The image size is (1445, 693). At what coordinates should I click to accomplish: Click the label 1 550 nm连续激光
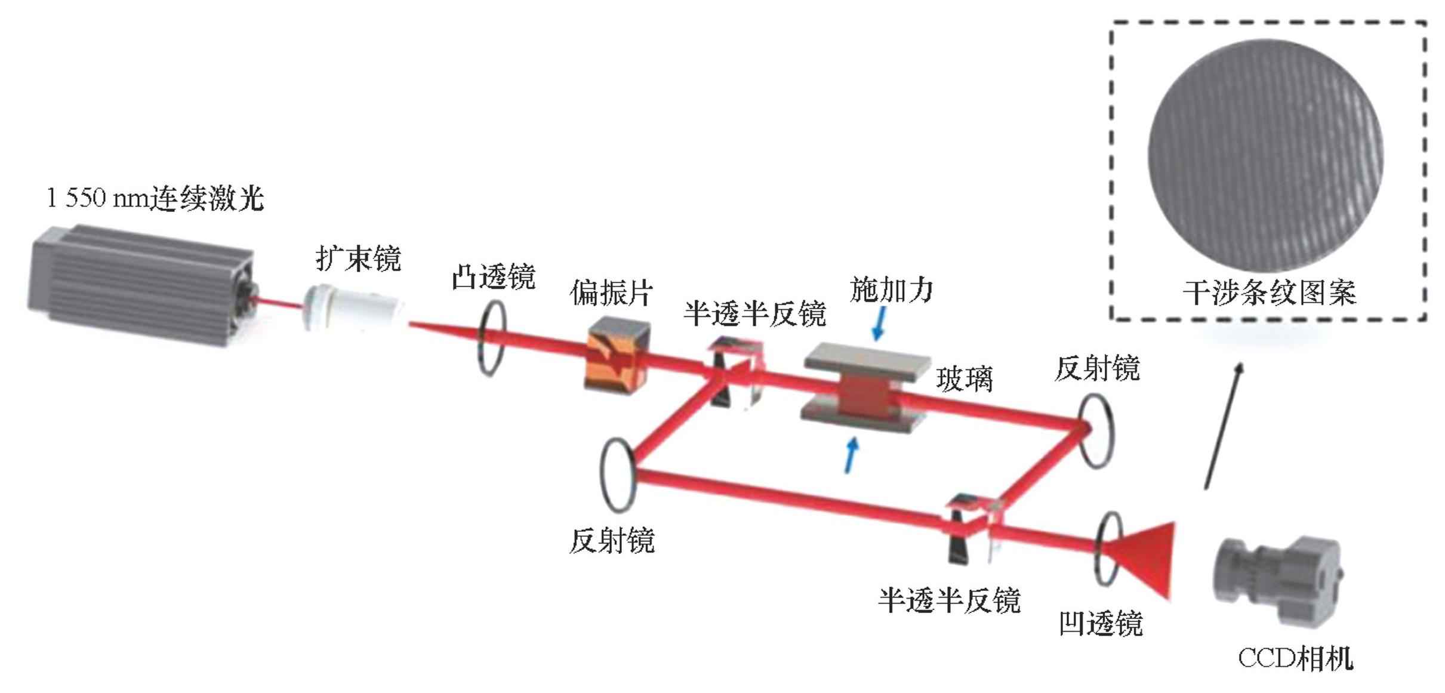click(x=155, y=198)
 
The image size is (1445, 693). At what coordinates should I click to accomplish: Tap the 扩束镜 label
click(x=358, y=258)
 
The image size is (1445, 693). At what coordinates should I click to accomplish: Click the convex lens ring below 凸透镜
click(x=491, y=338)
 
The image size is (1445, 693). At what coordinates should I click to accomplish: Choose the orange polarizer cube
click(x=617, y=355)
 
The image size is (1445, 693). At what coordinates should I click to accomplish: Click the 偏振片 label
click(x=611, y=293)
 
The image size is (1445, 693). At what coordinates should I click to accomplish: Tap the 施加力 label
click(x=891, y=290)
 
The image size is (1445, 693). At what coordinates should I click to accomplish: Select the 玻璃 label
click(x=965, y=379)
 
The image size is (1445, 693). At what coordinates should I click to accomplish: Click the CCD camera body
click(x=1277, y=578)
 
